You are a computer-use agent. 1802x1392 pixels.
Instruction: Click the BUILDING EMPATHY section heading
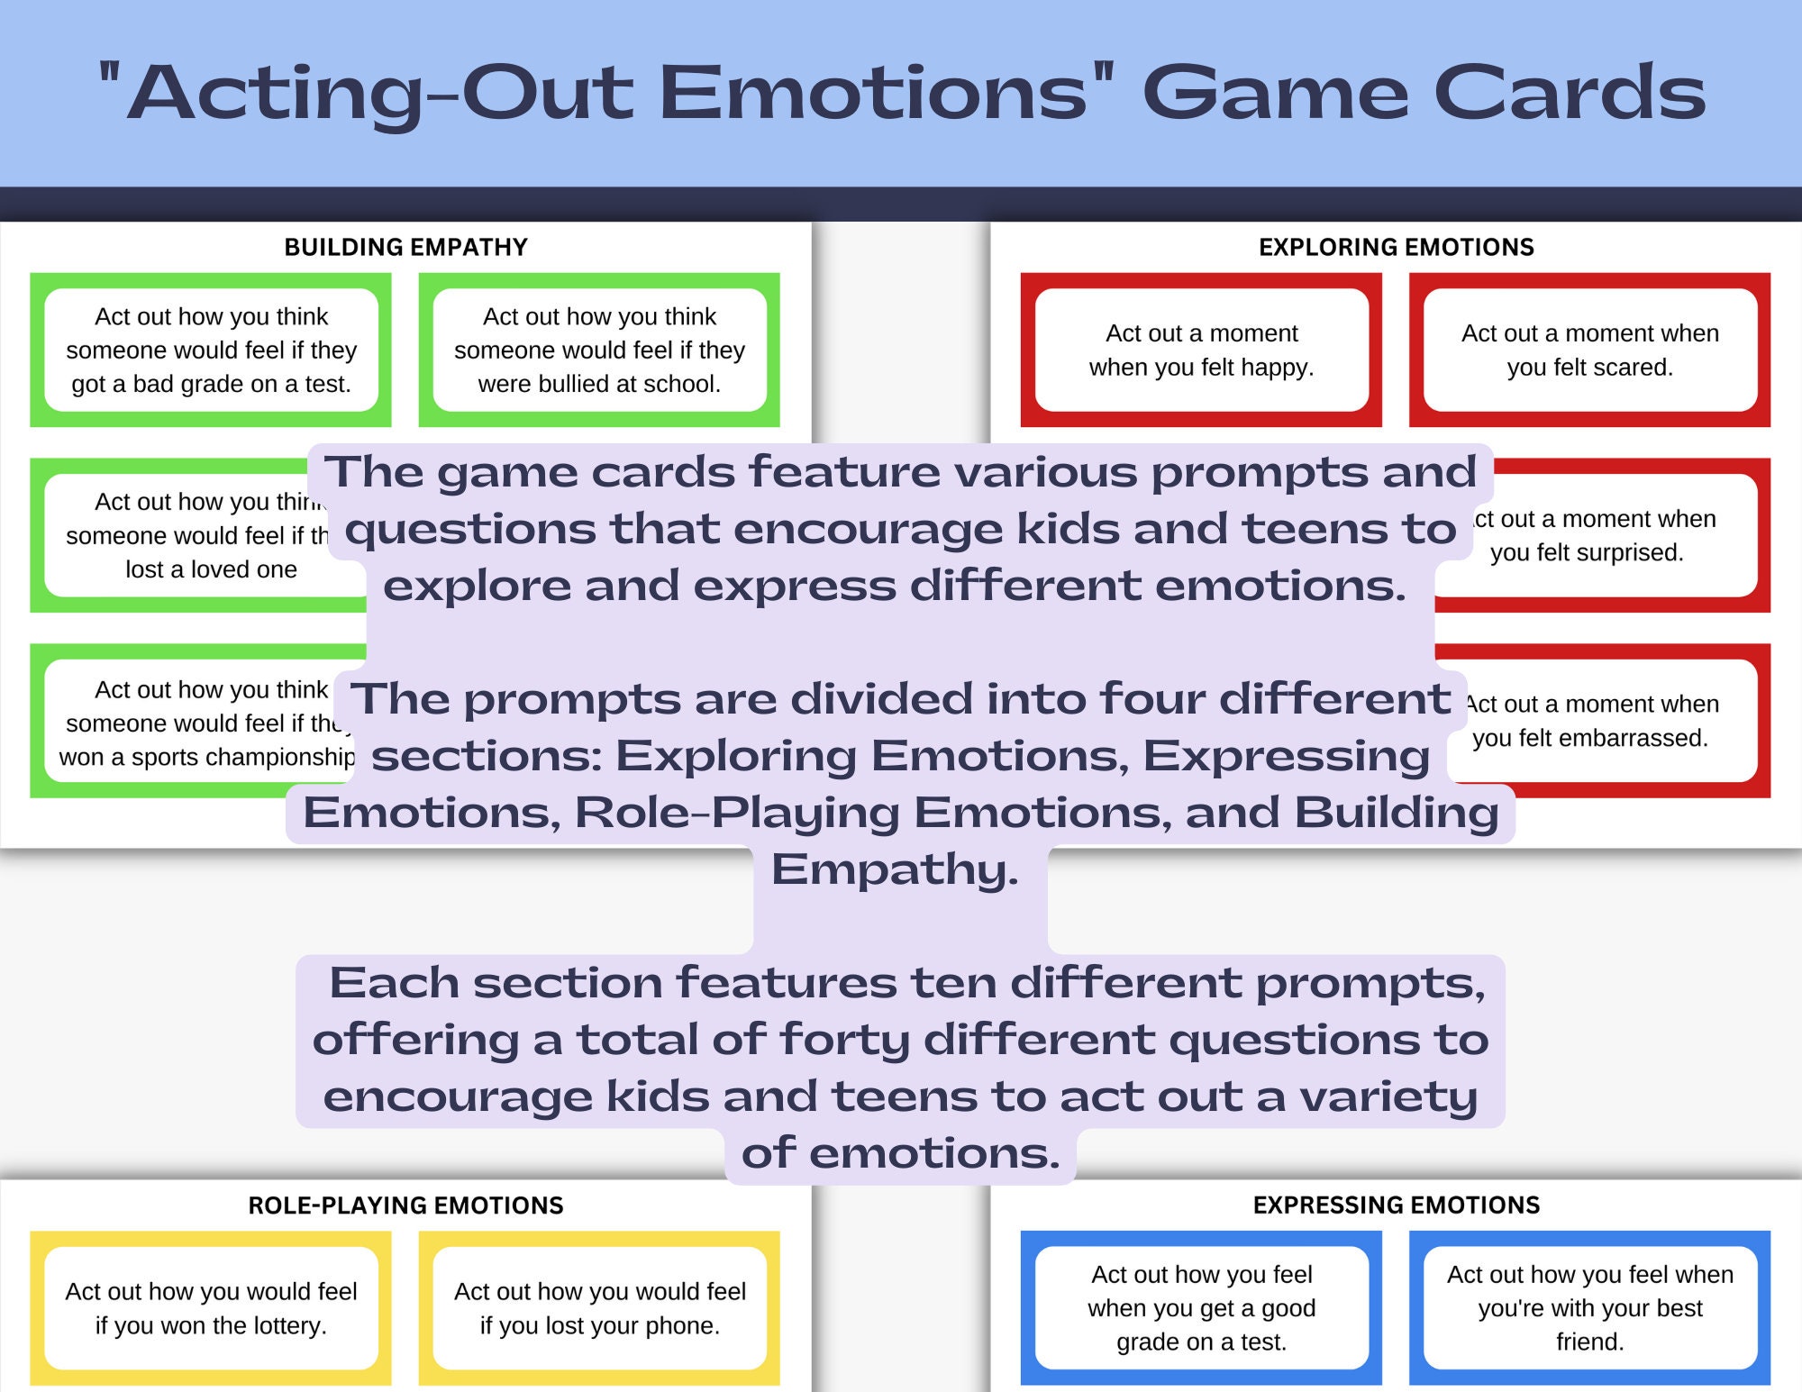(405, 247)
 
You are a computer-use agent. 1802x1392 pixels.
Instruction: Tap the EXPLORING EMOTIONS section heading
(1396, 247)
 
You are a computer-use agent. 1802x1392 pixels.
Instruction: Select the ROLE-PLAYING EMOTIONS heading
(405, 1205)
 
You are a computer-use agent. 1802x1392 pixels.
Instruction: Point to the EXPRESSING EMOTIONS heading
(1396, 1205)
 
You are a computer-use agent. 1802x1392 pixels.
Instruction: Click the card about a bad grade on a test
(211, 350)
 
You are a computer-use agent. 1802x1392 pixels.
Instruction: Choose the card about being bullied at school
(599, 350)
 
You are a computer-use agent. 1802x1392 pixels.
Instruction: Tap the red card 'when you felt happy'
(1201, 350)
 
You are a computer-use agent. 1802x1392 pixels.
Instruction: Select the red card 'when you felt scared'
(1589, 350)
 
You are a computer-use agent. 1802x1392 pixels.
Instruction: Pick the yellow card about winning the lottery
(211, 1308)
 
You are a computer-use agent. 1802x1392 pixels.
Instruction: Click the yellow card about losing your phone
(599, 1308)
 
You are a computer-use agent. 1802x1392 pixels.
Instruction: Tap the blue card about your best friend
(1589, 1308)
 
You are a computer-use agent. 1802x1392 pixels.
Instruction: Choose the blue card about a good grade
(1201, 1308)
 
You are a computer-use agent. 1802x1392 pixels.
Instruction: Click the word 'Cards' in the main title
(1570, 93)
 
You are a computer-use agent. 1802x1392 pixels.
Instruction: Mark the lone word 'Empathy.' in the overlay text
(895, 870)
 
